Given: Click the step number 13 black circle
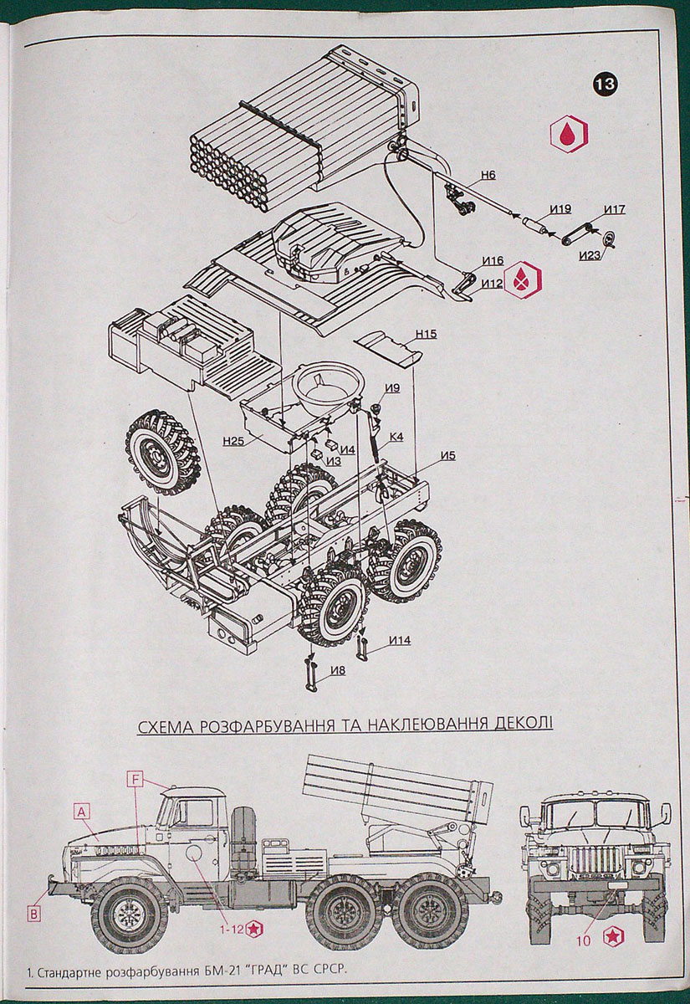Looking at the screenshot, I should click(x=606, y=84).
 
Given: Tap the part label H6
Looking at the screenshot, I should click(x=488, y=176).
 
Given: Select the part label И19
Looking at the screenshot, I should click(x=560, y=208).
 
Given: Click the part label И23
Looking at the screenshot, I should click(x=590, y=255).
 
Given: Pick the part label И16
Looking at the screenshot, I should click(x=493, y=262).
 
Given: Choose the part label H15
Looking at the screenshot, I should click(x=426, y=334).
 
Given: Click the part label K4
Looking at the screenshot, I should click(x=396, y=436).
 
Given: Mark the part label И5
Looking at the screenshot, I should click(x=447, y=455).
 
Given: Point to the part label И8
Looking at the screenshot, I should click(x=338, y=670).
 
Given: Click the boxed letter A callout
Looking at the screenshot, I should click(x=81, y=810).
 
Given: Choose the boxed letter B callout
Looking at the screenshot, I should click(x=33, y=914).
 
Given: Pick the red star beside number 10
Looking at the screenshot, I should click(x=615, y=939).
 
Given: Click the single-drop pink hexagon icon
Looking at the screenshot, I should click(x=568, y=134).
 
